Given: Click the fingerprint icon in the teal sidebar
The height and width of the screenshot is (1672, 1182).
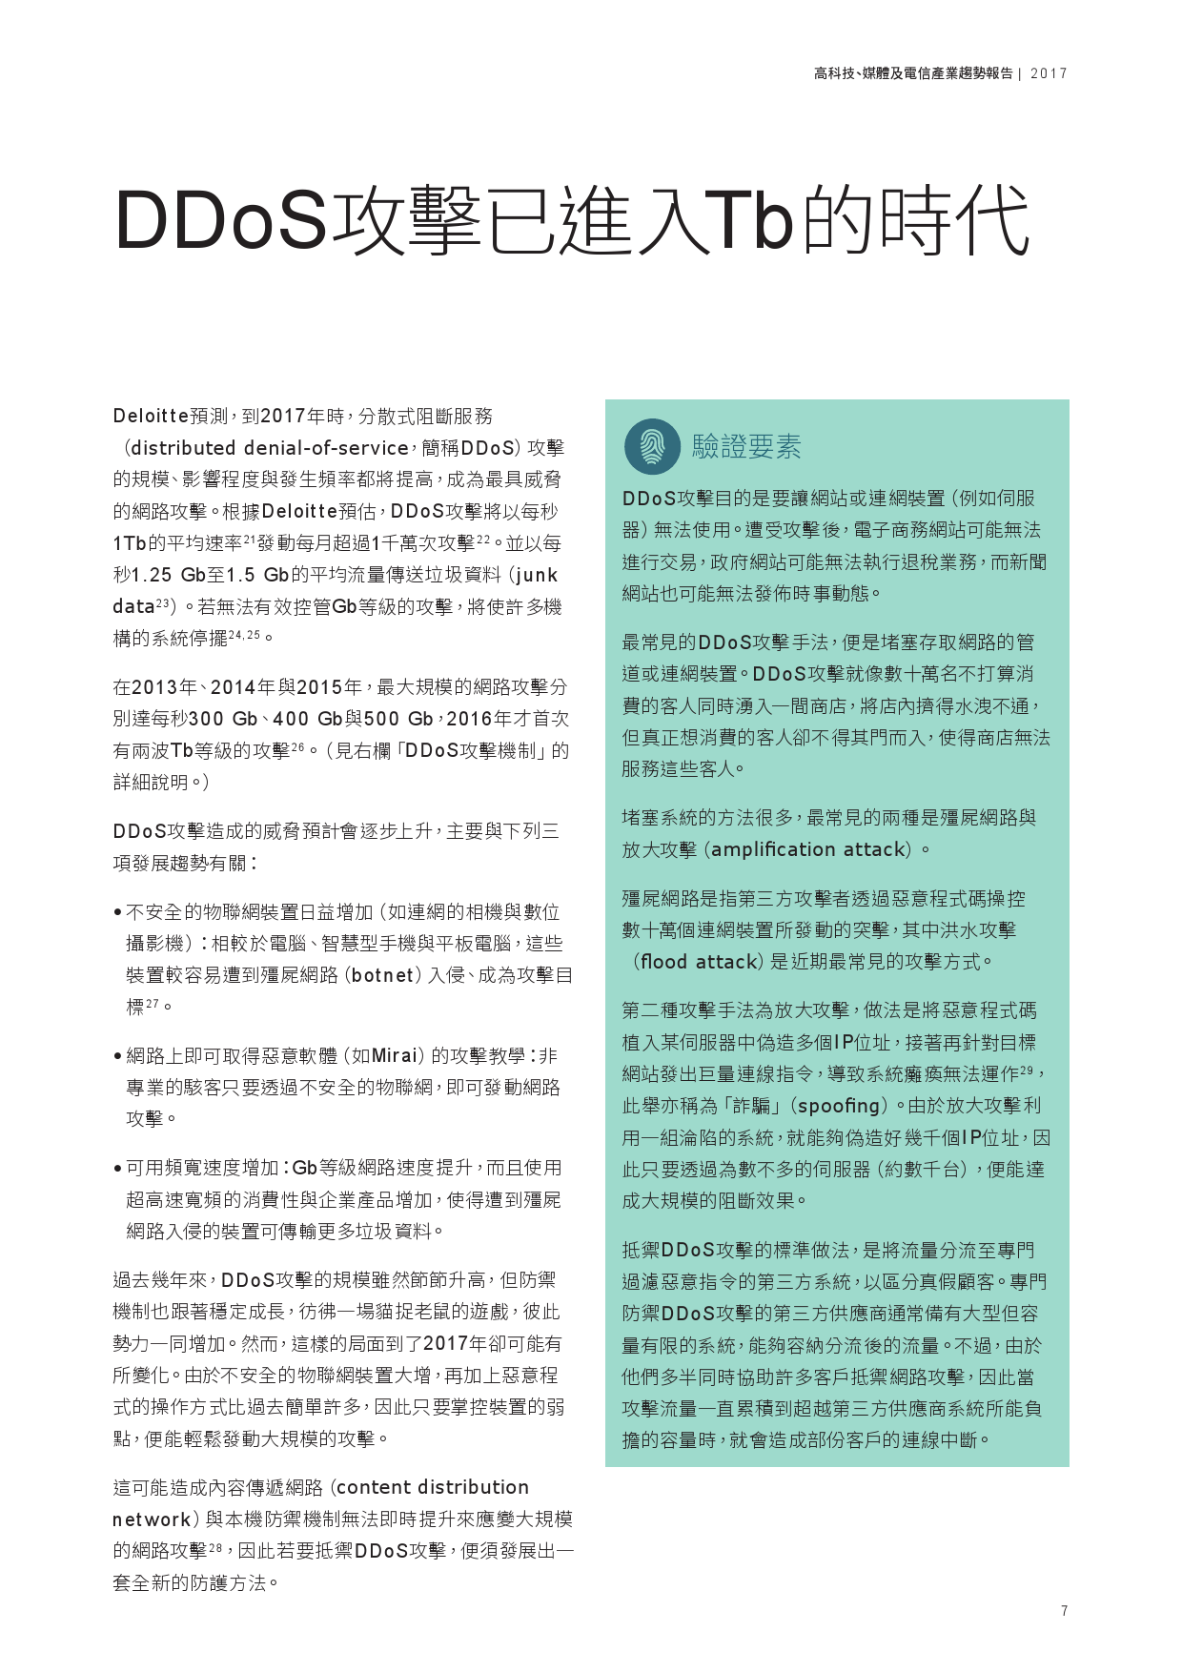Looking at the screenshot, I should tap(652, 446).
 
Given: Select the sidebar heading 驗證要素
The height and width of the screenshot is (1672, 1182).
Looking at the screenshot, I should tap(746, 446).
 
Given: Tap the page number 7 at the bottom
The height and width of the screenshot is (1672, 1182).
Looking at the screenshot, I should tap(1064, 1610).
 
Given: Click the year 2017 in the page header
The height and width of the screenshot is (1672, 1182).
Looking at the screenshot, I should tap(1049, 73).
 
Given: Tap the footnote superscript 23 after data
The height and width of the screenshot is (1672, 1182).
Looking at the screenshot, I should tap(163, 602).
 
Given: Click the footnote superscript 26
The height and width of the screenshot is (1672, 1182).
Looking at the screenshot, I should tap(297, 746).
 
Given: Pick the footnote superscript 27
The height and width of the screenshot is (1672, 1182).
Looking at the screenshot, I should tap(153, 1003).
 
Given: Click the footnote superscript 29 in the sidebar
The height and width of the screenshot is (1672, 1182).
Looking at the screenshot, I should tap(1027, 1070).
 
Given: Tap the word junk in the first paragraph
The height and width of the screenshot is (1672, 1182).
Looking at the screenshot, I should tap(537, 575).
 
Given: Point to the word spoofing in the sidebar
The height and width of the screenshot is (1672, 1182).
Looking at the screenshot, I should tap(838, 1106).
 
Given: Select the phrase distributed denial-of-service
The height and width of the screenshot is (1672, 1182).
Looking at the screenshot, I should tap(270, 448).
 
